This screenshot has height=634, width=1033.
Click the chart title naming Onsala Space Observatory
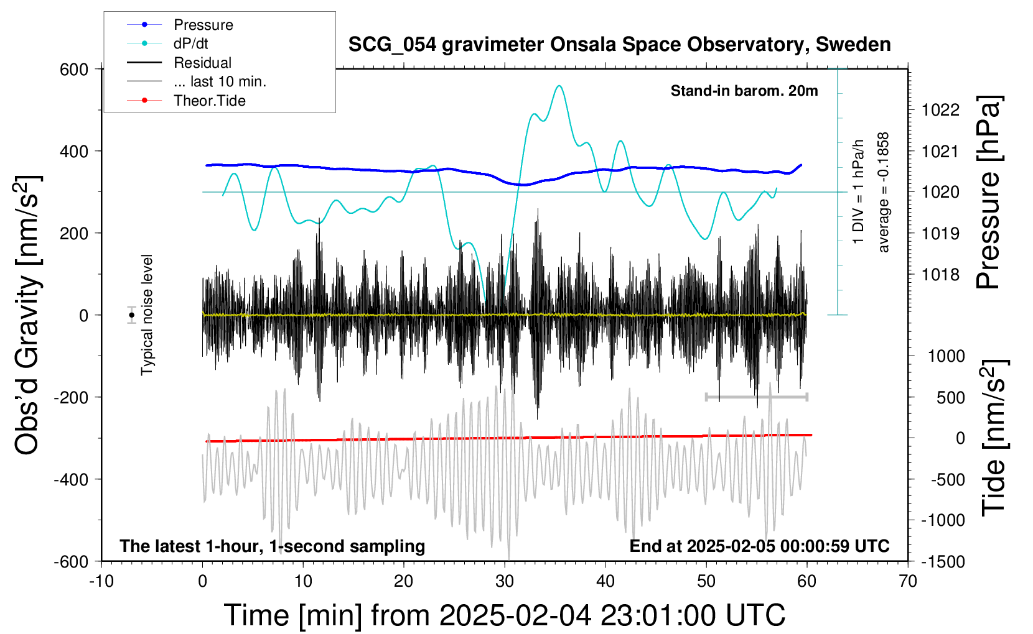coord(619,45)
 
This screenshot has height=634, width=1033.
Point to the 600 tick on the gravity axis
coord(74,69)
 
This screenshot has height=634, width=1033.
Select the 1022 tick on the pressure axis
coord(940,110)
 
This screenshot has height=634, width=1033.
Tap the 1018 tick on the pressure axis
coord(940,274)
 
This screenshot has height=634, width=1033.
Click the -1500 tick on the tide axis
coord(942,561)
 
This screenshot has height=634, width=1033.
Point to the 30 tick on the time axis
coord(505,581)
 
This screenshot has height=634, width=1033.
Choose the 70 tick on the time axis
coord(908,581)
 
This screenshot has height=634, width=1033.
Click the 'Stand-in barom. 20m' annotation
coord(744,91)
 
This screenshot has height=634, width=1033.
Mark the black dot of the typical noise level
coord(131,315)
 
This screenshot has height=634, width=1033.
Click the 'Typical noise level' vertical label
coord(147,315)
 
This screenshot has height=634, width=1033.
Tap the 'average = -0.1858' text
coord(884,192)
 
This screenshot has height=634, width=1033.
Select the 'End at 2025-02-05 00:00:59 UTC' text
coord(759,546)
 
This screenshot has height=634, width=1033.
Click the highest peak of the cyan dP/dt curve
coord(559,86)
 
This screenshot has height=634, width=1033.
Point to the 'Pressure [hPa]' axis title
coord(988,192)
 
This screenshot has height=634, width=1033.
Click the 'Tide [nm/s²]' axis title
coord(994,438)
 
